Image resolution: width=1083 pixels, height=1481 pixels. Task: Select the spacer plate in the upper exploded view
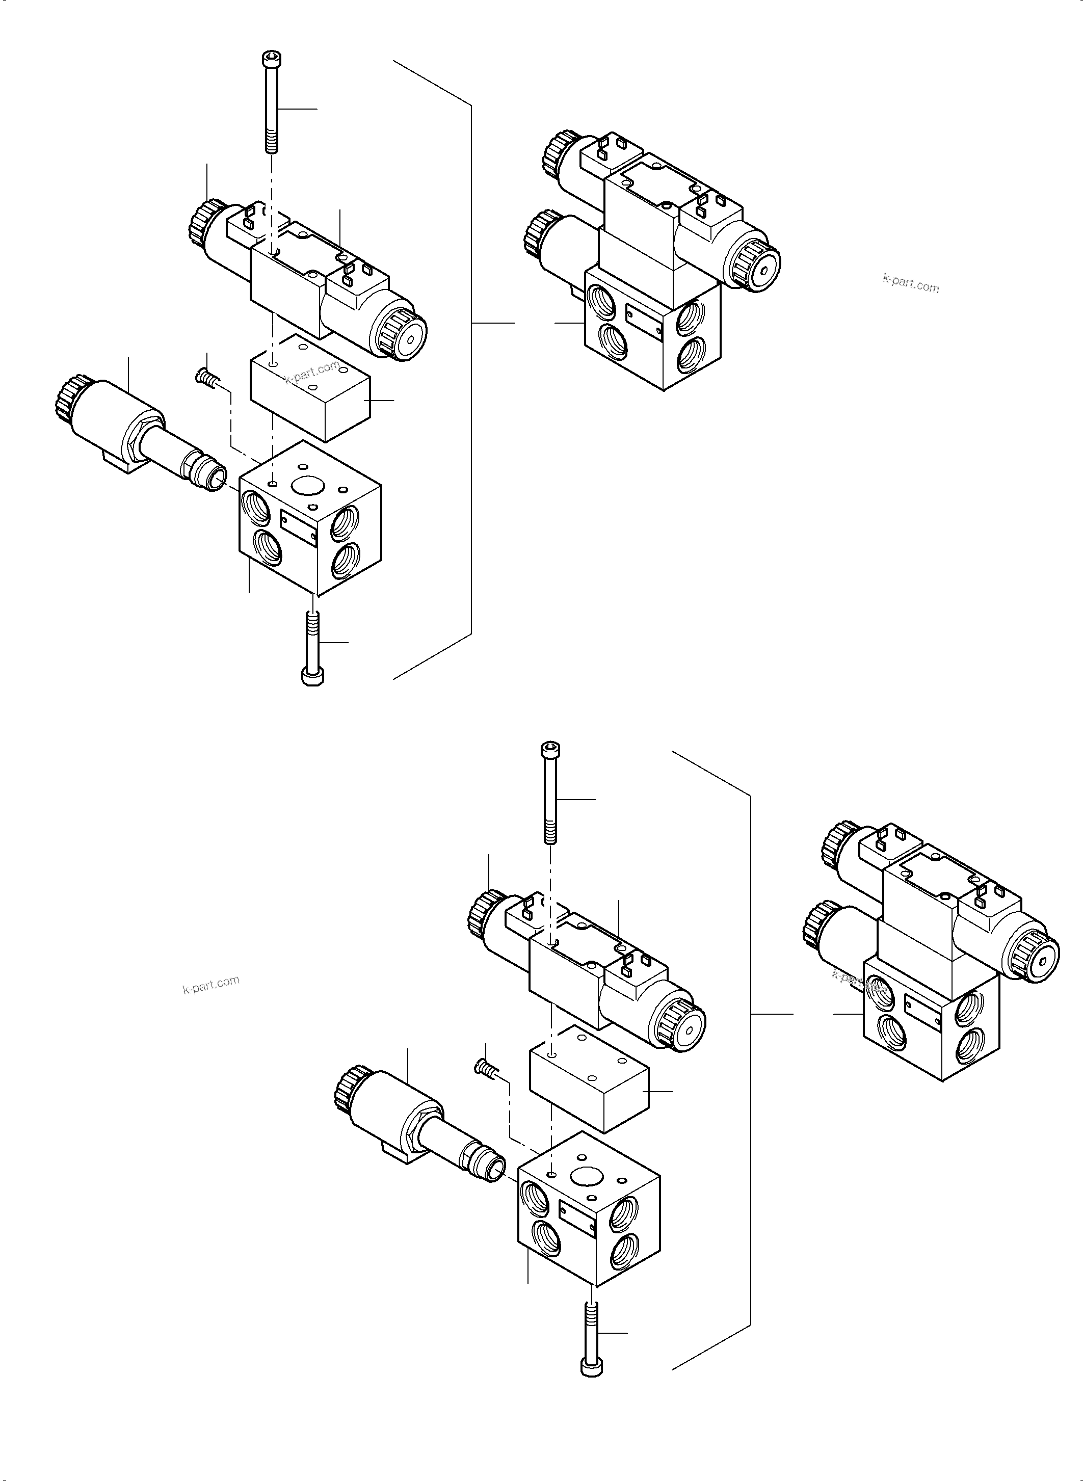pyautogui.click(x=309, y=387)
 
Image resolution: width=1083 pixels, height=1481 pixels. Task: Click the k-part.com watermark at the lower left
pyautogui.click(x=211, y=985)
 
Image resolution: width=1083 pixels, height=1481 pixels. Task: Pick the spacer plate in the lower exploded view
pyautogui.click(x=588, y=1078)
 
